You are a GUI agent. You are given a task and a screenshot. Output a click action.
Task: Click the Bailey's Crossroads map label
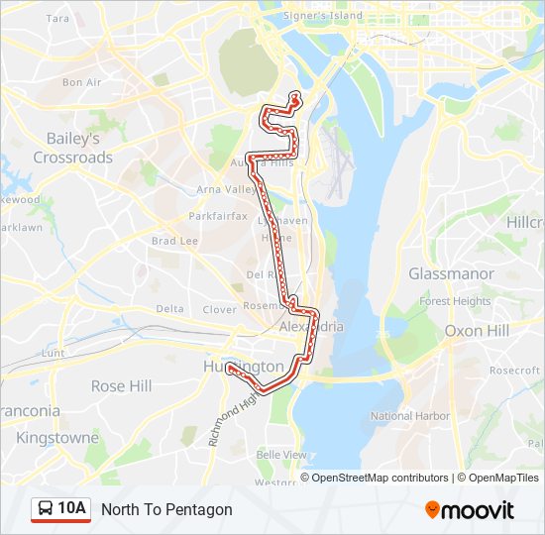[x=73, y=148]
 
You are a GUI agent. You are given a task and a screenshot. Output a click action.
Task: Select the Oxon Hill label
[x=478, y=330]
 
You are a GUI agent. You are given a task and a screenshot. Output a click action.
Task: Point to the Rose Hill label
[x=122, y=385]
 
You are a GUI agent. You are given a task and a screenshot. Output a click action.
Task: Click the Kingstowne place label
[x=57, y=437]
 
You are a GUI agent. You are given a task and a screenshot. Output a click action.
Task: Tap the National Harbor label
[x=409, y=416]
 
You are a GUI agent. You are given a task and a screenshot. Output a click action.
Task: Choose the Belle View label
[x=281, y=454]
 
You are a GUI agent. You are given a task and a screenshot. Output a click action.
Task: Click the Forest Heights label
[x=455, y=301]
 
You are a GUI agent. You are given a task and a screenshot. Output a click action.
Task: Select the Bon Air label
[x=81, y=82]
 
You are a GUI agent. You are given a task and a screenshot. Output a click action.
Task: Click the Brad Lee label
[x=174, y=241]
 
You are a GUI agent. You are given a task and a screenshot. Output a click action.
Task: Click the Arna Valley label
[x=227, y=189]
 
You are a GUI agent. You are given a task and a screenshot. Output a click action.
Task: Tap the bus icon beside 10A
[x=47, y=509]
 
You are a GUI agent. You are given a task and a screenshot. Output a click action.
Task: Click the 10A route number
[x=72, y=509]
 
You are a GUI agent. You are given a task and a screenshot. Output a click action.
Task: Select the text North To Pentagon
[x=166, y=509]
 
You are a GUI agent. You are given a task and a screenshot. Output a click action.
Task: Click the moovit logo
[x=470, y=510]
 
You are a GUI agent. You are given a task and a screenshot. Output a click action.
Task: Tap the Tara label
[x=58, y=18]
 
